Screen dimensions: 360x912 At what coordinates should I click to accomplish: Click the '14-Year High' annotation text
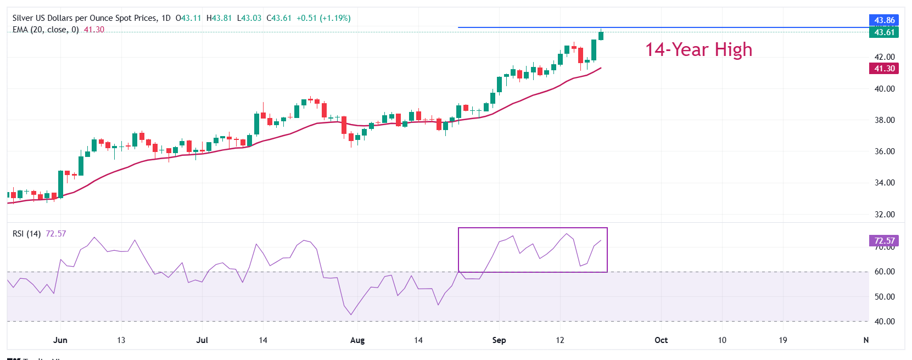pos(698,50)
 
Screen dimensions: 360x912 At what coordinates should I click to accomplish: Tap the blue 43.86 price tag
pos(884,20)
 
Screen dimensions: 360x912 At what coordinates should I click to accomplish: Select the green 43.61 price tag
pos(884,32)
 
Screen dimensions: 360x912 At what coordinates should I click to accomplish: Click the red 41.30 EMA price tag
pos(884,69)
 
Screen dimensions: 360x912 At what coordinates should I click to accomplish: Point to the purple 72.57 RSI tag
pos(884,241)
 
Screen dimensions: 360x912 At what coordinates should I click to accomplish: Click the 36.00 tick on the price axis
pos(884,151)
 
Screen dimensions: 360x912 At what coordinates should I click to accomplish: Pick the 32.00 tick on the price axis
pos(884,215)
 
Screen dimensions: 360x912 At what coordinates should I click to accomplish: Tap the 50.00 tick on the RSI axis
pos(884,297)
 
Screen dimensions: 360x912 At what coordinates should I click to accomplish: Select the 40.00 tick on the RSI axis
pos(884,322)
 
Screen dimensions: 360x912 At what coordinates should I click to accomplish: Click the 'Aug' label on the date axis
pos(357,340)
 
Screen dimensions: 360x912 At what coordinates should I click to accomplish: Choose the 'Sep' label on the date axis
pos(499,340)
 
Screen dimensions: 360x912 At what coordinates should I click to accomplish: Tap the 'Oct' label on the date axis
pos(661,340)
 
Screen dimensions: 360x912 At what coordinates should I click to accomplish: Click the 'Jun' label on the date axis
pos(60,340)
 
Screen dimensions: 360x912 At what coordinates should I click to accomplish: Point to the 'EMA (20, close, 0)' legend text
pos(46,30)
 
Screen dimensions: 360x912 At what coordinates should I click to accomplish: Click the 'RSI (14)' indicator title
pos(26,234)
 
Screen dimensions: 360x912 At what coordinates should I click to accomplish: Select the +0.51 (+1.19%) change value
pos(323,18)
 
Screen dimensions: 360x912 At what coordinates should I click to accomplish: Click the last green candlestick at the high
pos(601,36)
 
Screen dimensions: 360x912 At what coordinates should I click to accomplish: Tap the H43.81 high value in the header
pos(219,18)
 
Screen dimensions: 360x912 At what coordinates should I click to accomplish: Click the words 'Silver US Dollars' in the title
pos(46,18)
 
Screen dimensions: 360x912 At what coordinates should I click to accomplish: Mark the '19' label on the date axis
pos(782,340)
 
